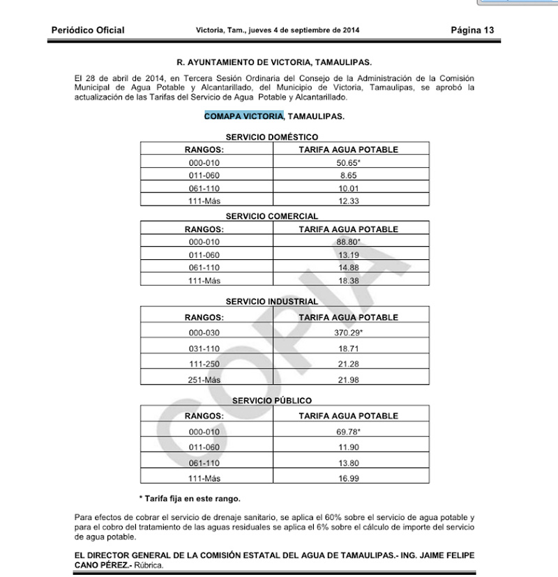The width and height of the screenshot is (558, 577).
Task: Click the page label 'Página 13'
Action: click(472, 30)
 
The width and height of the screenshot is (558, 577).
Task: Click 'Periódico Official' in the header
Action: click(88, 30)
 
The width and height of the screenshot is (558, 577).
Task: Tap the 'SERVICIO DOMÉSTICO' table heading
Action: click(272, 137)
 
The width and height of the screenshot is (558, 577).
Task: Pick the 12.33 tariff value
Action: click(348, 201)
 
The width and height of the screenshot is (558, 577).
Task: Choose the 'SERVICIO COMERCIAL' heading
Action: click(272, 217)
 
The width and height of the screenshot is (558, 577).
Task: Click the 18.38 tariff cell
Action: click(348, 279)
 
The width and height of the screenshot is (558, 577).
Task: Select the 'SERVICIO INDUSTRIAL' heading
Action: click(272, 302)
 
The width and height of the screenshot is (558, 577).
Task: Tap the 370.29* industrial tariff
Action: click(348, 332)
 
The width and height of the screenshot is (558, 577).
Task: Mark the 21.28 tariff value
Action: click(348, 364)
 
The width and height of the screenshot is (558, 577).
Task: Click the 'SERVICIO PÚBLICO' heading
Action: click(272, 401)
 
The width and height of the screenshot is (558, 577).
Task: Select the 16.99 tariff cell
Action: click(348, 477)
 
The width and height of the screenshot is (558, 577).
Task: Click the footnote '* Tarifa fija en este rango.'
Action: click(190, 498)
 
